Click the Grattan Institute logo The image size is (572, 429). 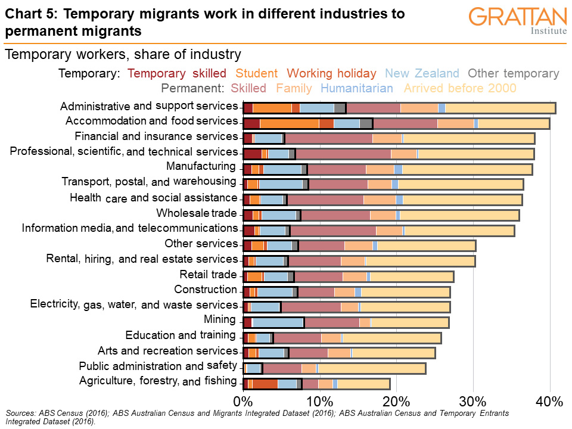point(517,21)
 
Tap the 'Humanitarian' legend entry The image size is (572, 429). point(357,89)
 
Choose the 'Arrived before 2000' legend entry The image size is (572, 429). point(460,89)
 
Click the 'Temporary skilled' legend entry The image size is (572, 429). point(177,74)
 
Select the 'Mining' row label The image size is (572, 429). point(220,319)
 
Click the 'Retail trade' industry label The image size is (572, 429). point(209,274)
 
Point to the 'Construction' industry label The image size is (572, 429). point(206,290)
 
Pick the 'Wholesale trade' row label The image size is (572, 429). point(197,213)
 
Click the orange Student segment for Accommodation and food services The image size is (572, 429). point(290,123)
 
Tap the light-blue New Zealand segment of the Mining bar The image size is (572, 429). point(278,322)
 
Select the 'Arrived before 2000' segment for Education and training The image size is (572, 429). point(391,338)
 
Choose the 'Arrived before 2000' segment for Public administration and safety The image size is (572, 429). point(372,368)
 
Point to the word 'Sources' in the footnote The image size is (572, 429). point(20,412)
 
